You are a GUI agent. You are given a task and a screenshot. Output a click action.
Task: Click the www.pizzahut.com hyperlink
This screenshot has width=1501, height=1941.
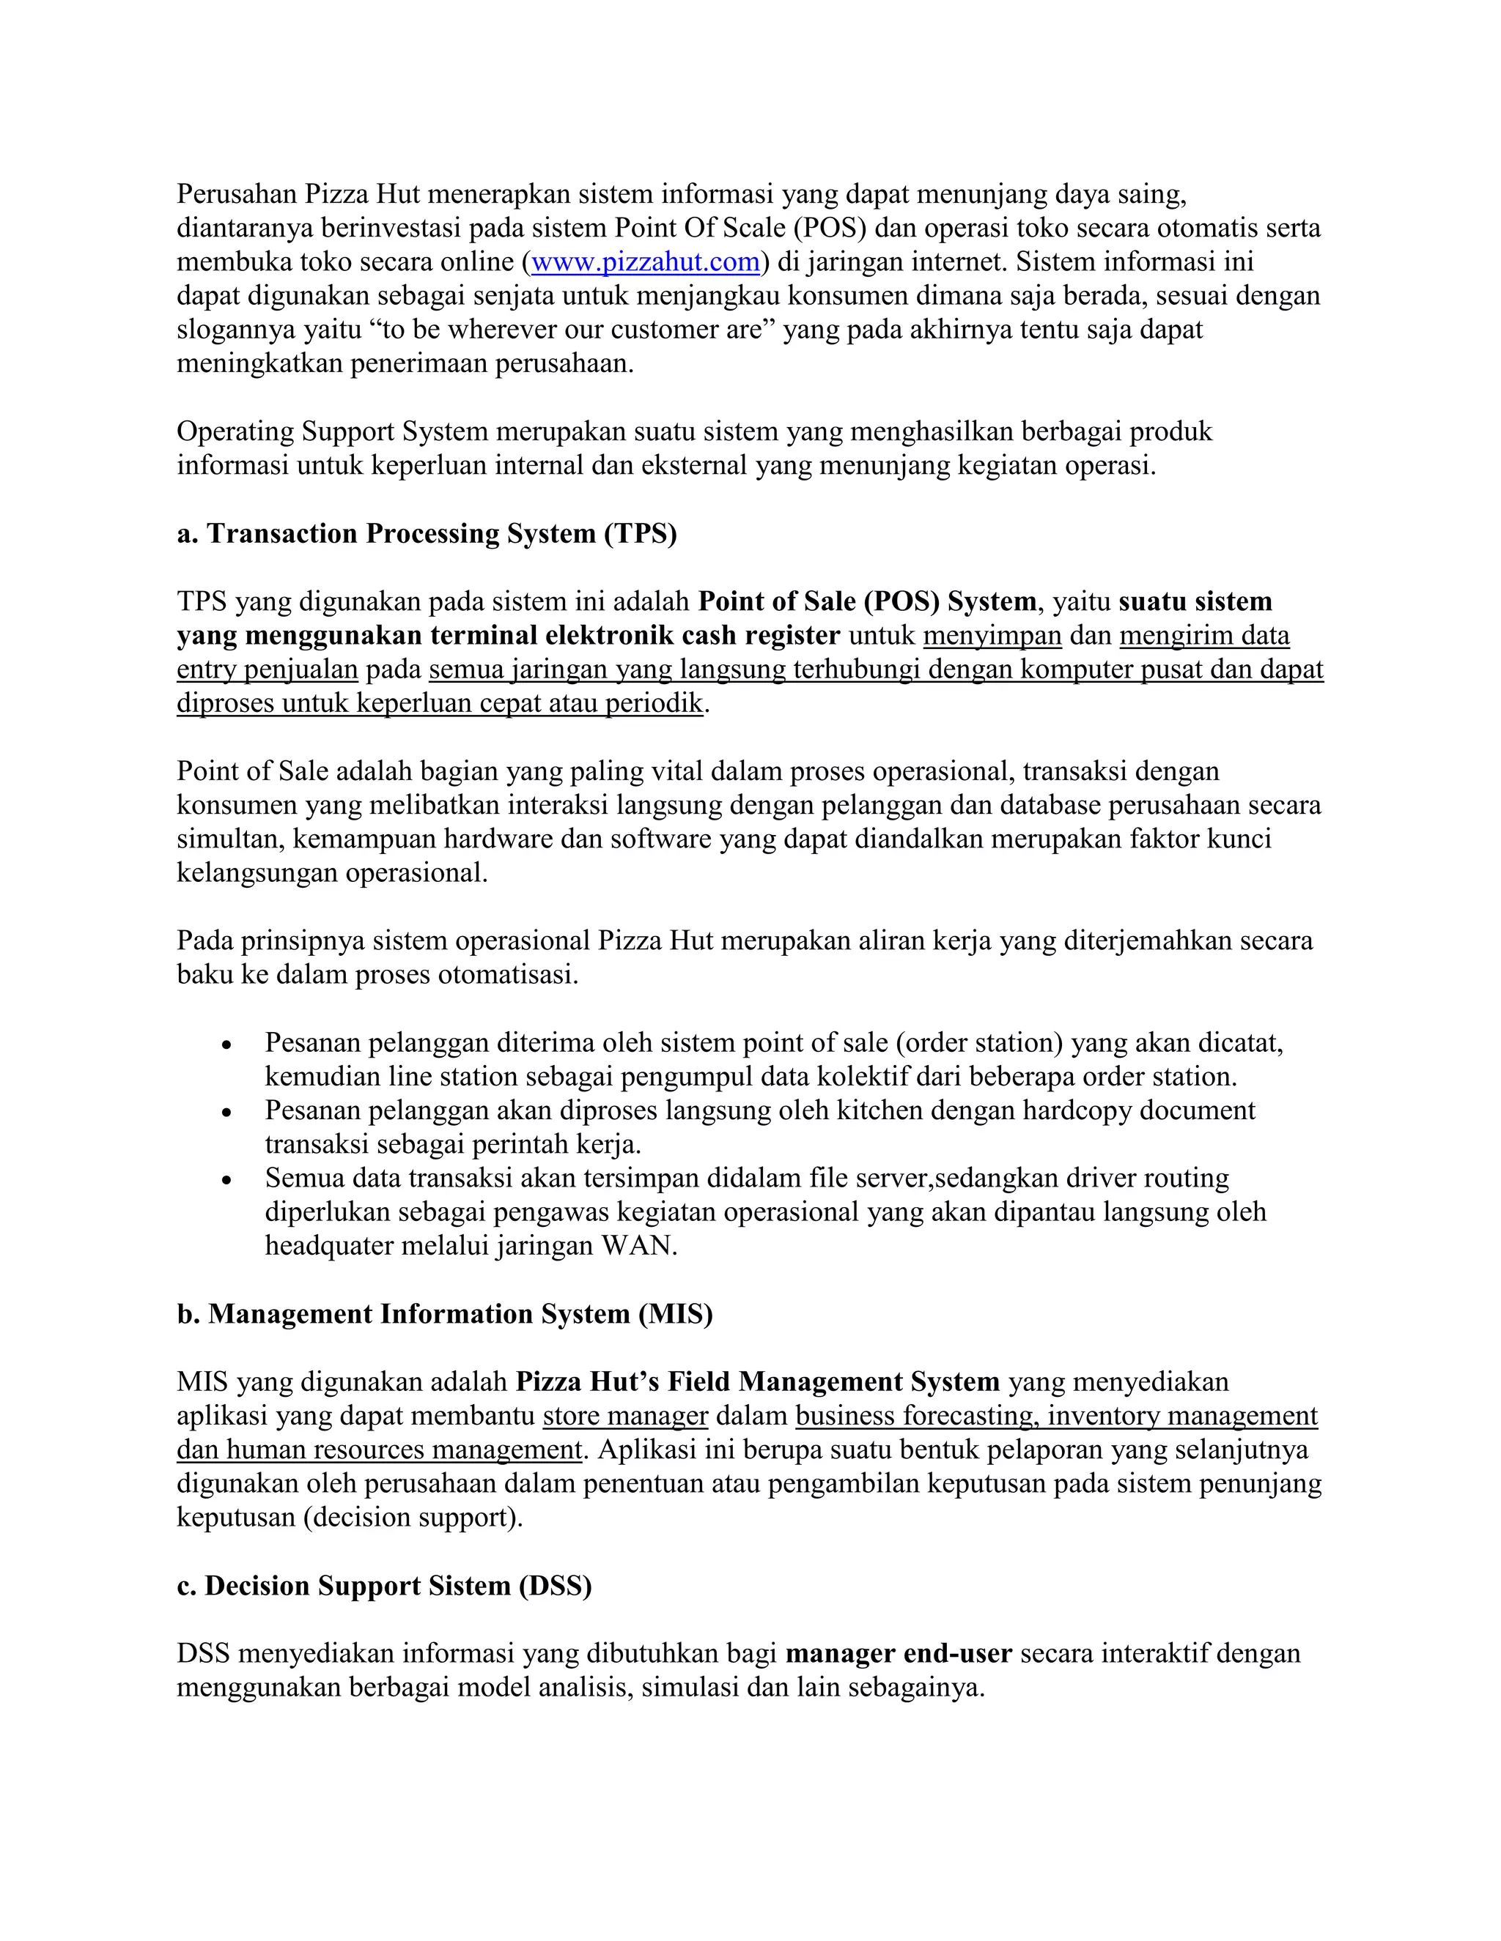(x=646, y=262)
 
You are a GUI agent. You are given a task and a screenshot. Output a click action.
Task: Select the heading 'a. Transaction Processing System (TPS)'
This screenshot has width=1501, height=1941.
(x=427, y=533)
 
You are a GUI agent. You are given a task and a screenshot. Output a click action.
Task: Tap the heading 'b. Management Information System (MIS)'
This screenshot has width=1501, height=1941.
(x=445, y=1313)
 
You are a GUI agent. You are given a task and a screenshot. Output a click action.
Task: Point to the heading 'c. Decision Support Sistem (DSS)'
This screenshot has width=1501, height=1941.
(x=384, y=1586)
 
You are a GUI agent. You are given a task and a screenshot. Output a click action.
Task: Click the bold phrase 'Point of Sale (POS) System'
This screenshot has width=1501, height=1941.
(x=867, y=601)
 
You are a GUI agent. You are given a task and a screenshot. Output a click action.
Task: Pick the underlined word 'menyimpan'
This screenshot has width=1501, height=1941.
(x=992, y=636)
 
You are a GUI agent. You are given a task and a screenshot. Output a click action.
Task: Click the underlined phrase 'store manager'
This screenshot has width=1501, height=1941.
(x=625, y=1416)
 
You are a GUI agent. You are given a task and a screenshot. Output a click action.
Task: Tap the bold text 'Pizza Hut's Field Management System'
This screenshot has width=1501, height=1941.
(x=758, y=1382)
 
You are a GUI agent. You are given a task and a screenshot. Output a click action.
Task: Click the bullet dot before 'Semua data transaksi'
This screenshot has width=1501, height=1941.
(x=228, y=1180)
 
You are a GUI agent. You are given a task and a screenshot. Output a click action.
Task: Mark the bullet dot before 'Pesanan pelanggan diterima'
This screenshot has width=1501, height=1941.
(x=228, y=1044)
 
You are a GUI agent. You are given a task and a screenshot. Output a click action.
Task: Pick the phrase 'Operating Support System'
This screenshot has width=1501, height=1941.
(x=333, y=432)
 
